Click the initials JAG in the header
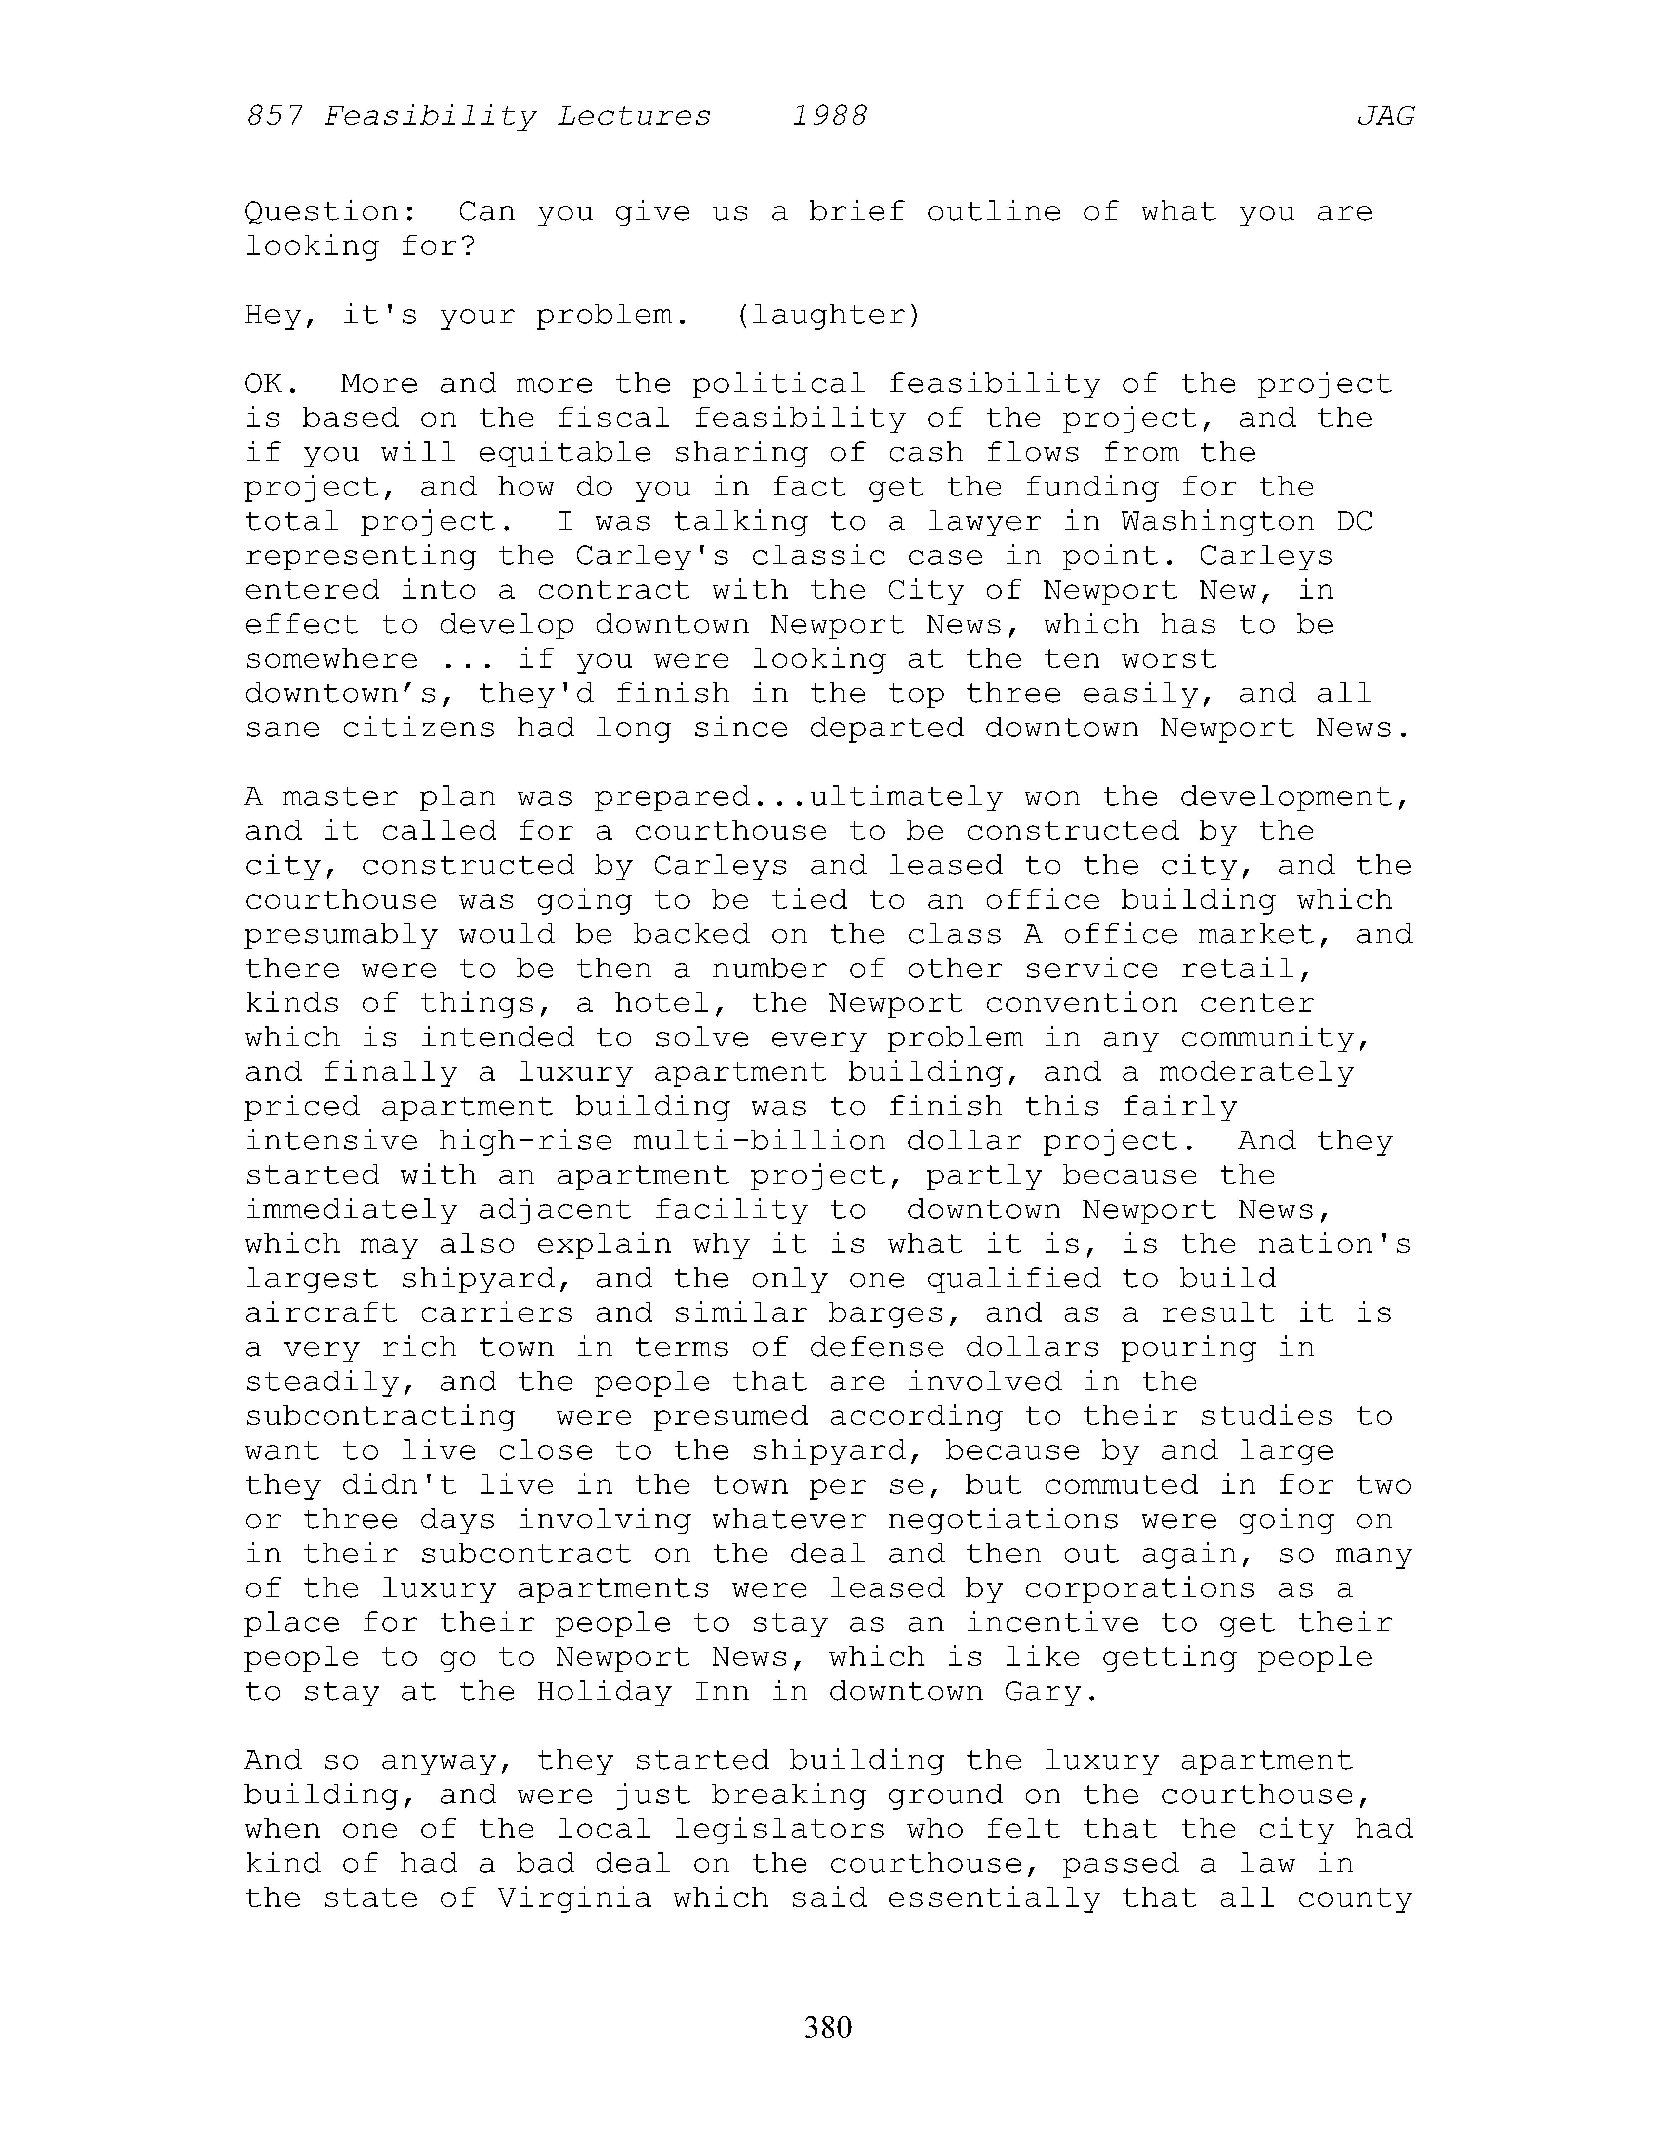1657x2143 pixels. tap(1385, 117)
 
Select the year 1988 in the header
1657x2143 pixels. tap(829, 117)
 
